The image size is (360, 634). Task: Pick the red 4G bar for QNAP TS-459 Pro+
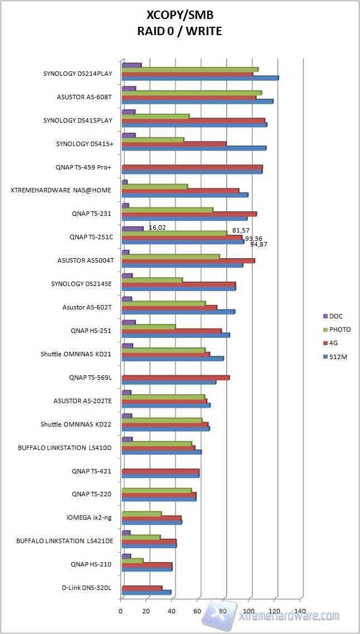coord(192,167)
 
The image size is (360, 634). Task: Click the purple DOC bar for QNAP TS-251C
coord(132,229)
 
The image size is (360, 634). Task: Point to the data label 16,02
coord(157,228)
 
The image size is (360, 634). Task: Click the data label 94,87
coord(259,244)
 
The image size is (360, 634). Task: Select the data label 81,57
coord(241,230)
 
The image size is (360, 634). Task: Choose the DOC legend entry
coord(336,316)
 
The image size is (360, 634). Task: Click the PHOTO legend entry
coord(339,330)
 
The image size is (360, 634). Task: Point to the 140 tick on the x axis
coord(301,612)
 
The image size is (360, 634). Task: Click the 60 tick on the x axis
coord(198,612)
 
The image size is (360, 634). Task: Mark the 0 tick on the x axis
coord(121,612)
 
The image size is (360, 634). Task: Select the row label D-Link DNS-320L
coord(86,588)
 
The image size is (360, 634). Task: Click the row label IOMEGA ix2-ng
coord(89,517)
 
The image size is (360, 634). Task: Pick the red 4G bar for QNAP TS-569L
coord(176,378)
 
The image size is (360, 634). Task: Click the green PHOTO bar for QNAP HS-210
coord(132,560)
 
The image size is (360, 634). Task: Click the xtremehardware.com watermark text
coord(289,616)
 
